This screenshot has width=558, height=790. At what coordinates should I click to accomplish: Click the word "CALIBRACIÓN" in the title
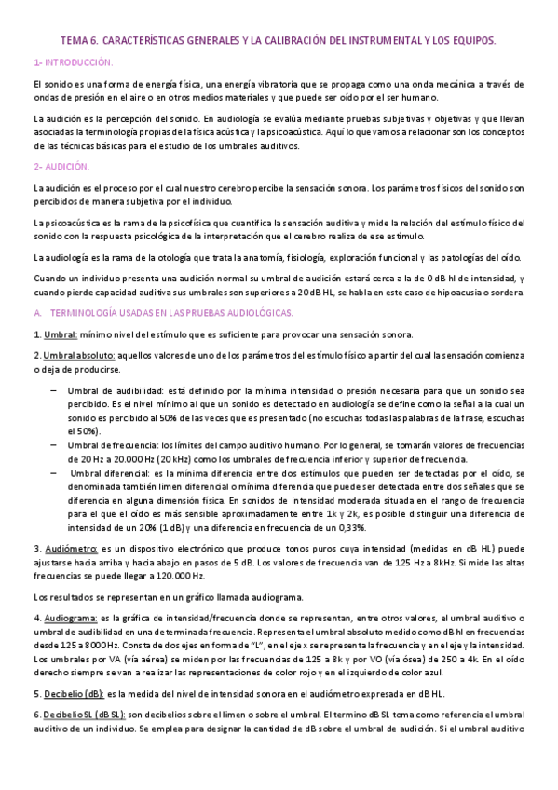[x=293, y=42]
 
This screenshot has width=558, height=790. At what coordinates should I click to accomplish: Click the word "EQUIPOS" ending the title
[x=473, y=42]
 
